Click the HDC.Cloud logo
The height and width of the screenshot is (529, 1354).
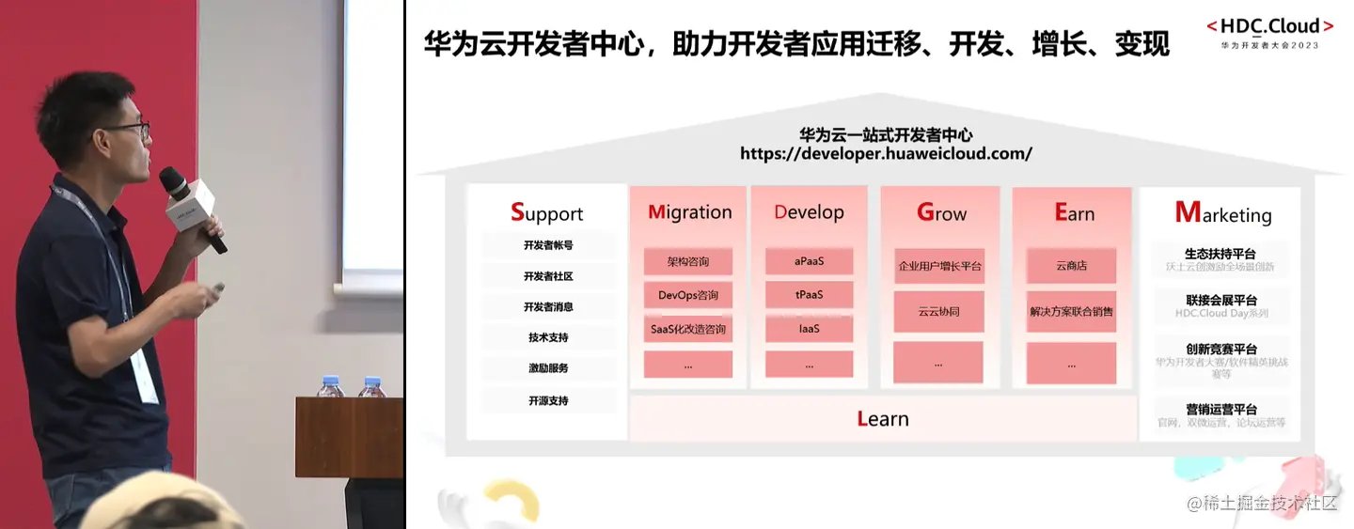(1268, 27)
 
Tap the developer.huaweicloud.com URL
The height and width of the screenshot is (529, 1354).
(886, 153)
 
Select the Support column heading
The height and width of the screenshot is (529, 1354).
(546, 213)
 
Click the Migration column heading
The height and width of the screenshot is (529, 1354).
(689, 212)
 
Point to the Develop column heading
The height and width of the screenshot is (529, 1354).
(809, 212)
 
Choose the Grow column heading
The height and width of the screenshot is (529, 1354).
(941, 213)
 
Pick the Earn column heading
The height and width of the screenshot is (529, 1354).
(1074, 213)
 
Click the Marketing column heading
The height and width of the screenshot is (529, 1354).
(1222, 213)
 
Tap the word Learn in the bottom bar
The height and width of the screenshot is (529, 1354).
(883, 419)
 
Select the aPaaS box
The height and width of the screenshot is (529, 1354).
(809, 261)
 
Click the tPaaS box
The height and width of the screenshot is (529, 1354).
(809, 295)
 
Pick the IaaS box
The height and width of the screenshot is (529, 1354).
(809, 329)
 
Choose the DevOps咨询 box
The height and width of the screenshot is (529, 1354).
(688, 295)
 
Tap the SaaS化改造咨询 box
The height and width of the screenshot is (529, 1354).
(688, 330)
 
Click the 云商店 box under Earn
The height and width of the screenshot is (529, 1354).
(1071, 266)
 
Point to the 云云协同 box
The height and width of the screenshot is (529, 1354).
(938, 311)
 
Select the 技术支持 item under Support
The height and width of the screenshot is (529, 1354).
(548, 337)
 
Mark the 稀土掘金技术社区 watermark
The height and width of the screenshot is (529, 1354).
(1261, 505)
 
